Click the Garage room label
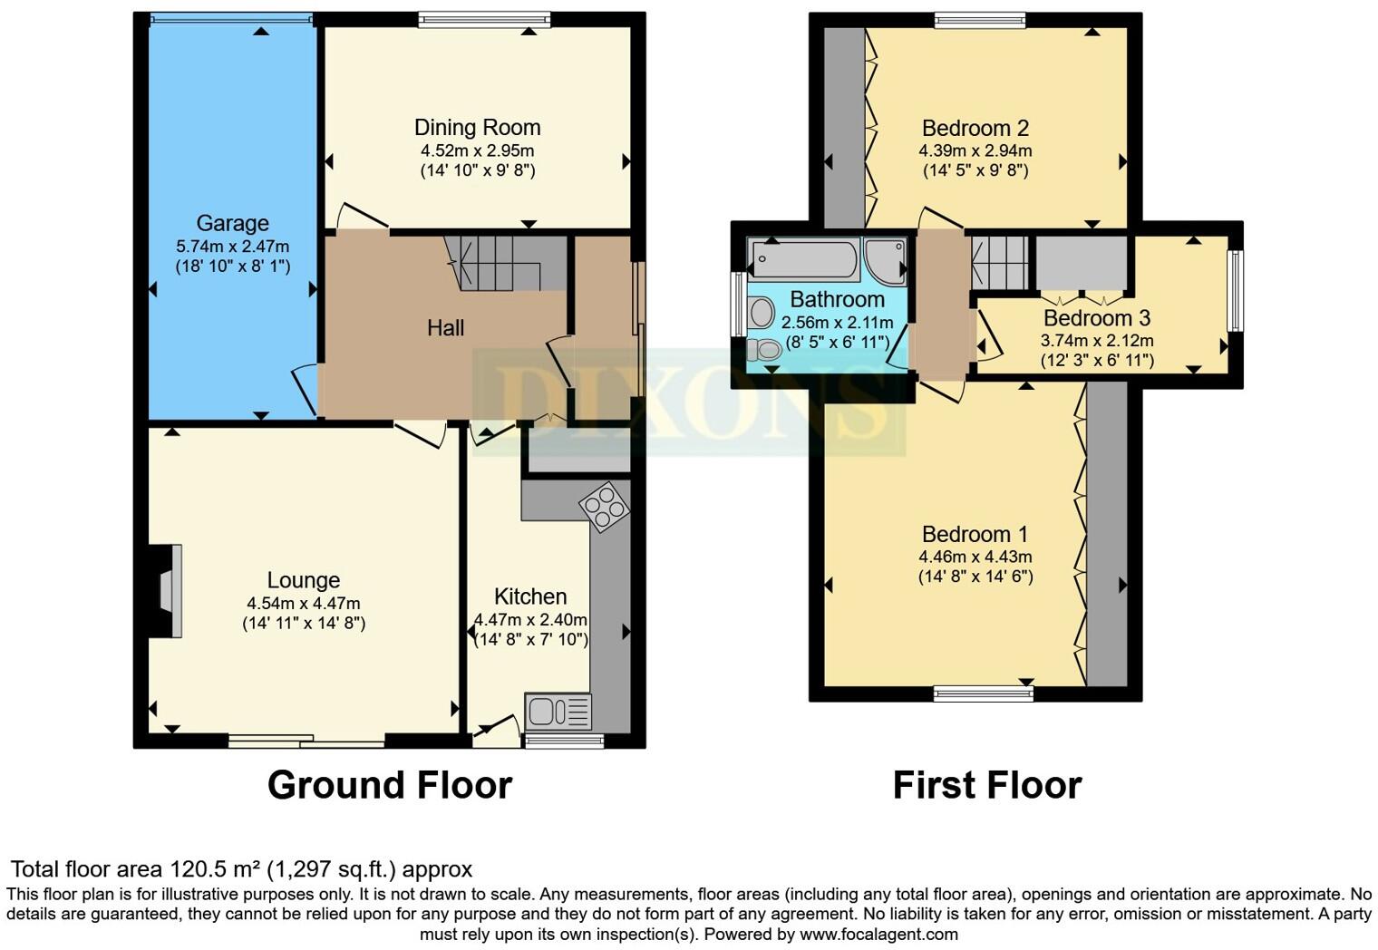232,223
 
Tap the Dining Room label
477,128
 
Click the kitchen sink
557,711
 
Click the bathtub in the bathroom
804,258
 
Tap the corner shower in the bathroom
885,261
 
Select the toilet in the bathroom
763,349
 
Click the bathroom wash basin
760,313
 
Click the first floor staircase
1001,262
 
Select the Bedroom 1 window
984,693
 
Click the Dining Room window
484,20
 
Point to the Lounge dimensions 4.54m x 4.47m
304,604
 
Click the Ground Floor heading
390,785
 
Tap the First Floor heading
987,785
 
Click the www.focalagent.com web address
878,934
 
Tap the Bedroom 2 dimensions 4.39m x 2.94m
975,151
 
